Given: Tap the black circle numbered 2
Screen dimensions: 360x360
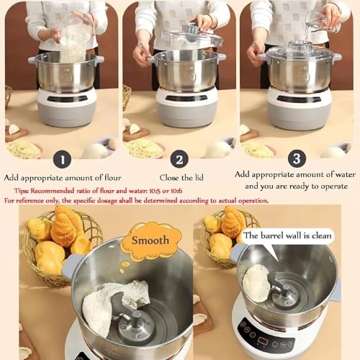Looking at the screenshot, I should [x=181, y=160].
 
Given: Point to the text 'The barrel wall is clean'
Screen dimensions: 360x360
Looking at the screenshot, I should [x=285, y=235].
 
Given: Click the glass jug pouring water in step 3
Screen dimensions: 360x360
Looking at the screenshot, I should [x=317, y=19].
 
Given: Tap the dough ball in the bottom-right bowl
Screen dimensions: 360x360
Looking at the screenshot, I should [x=256, y=282].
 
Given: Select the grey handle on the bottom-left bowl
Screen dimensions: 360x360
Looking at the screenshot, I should [x=71, y=267].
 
